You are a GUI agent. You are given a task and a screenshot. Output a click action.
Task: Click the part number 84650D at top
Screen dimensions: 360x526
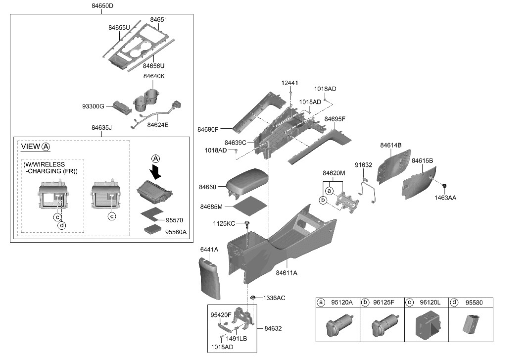[x=102, y=6]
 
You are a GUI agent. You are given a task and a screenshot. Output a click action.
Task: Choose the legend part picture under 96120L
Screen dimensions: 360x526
[x=426, y=325]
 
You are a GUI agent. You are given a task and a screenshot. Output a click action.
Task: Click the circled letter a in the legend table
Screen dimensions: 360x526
[x=321, y=302]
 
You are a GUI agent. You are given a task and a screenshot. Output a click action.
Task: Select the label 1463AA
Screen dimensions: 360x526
[x=446, y=197]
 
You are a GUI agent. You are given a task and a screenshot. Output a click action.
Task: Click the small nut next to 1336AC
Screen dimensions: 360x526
[x=253, y=297]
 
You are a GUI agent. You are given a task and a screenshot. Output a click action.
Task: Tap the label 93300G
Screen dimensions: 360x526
[x=93, y=106]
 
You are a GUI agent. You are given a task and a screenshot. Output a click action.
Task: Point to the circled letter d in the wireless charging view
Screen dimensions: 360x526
[x=62, y=226]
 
